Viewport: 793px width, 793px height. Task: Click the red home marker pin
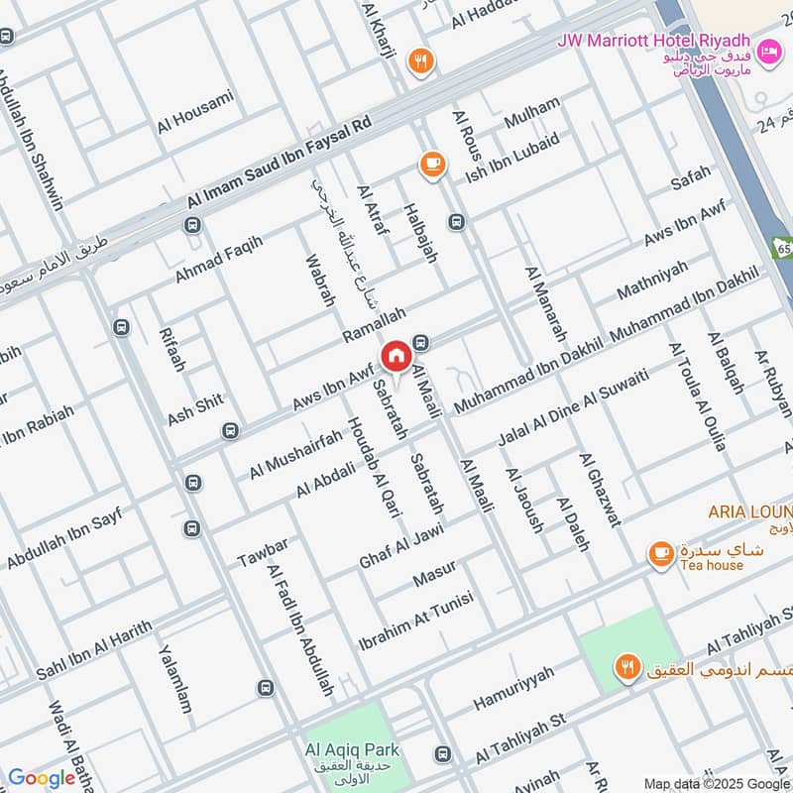coord(395,355)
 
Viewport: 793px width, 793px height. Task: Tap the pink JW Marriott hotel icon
coord(768,50)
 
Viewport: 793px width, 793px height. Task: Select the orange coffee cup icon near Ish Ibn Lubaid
coord(431,165)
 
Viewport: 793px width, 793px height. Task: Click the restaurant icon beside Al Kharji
coord(422,61)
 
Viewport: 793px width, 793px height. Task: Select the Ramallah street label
coord(375,325)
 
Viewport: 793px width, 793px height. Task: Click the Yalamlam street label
coord(174,679)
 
